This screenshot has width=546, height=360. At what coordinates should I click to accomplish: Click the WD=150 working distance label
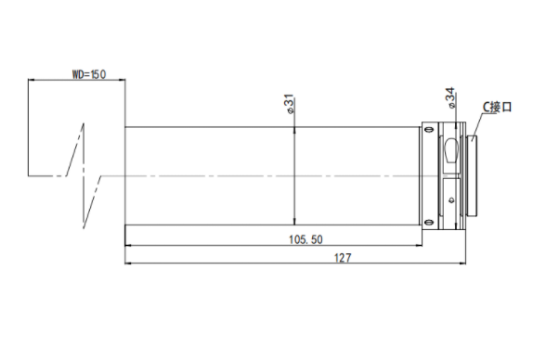point(89,74)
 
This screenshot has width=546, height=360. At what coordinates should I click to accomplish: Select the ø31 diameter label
point(290,104)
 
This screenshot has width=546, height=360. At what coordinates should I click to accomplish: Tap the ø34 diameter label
point(449,97)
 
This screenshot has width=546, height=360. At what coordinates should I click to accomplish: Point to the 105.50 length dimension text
point(305,239)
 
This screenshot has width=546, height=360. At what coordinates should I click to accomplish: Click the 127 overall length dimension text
point(343,258)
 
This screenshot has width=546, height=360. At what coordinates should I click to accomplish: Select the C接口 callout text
point(498,107)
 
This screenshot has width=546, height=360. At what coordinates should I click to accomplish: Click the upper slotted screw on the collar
point(429,129)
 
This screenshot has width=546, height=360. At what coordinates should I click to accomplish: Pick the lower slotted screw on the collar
point(429,223)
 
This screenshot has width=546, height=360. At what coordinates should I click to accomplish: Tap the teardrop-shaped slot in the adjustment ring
point(451,150)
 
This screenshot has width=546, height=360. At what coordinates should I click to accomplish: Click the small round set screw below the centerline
point(451,200)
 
